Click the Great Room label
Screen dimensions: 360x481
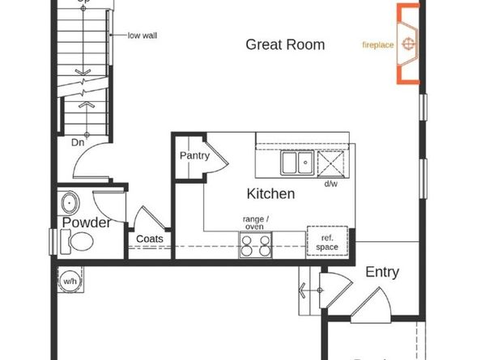point(285,44)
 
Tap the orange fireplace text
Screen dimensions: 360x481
point(378,44)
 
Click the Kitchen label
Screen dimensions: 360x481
point(270,194)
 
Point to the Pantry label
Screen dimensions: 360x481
point(195,155)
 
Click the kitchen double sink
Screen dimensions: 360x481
point(297,163)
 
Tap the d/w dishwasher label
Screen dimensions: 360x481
point(330,184)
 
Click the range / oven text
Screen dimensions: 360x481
point(256,222)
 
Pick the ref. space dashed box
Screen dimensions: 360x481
point(327,242)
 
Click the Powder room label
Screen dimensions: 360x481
point(87,222)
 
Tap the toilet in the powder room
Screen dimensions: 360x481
point(79,241)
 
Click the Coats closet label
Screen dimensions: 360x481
point(150,239)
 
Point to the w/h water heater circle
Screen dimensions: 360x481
point(70,281)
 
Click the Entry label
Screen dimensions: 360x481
point(381,273)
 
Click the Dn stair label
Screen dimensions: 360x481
point(77,142)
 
